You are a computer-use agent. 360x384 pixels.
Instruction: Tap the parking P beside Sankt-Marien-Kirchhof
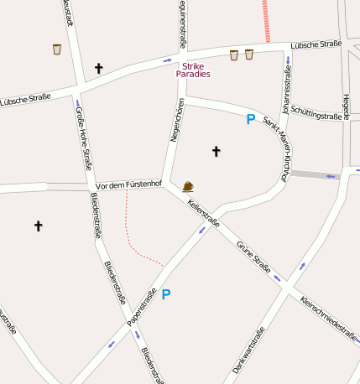coord(250,120)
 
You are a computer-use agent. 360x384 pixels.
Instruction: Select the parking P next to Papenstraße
coord(166,294)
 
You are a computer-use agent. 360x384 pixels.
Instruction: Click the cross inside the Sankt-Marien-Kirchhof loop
coord(216,152)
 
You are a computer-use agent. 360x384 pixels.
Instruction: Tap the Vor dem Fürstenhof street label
coord(128,184)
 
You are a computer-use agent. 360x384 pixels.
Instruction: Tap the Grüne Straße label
coord(253,257)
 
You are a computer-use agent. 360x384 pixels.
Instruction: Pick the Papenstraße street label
coord(143,307)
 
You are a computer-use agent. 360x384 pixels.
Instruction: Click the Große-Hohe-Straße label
coord(83,136)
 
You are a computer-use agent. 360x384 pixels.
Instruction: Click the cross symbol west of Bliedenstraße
coord(38,226)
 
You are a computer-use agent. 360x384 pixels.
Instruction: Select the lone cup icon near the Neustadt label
coord(57,49)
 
